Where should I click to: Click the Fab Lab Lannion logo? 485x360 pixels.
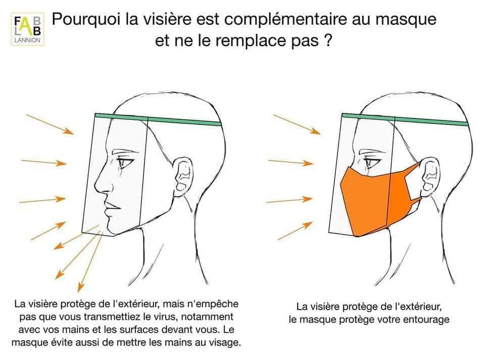(x=27, y=29)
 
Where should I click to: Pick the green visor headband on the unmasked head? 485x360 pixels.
(x=158, y=119)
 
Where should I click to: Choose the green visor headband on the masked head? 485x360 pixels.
(x=405, y=119)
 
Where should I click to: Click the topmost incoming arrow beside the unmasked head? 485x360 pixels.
(x=50, y=124)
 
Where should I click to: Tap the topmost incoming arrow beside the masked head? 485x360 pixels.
(x=297, y=124)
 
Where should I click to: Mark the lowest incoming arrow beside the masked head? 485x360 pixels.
(x=296, y=231)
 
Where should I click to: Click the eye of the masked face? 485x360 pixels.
(x=371, y=162)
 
